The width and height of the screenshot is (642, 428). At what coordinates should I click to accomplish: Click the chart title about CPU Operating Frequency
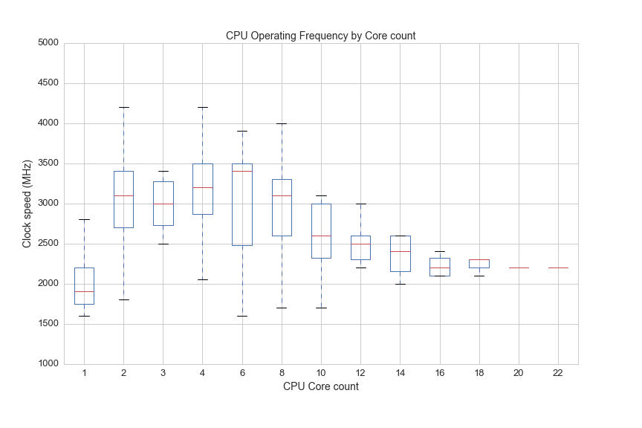pyautogui.click(x=320, y=36)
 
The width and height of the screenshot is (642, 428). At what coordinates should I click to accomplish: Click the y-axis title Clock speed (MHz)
pyautogui.click(x=27, y=204)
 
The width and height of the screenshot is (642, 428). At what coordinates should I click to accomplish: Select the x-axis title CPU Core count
pyautogui.click(x=320, y=386)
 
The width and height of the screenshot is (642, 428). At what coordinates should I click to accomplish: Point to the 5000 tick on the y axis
pyautogui.click(x=48, y=43)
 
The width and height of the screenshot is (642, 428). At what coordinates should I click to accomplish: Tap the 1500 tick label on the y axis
pyautogui.click(x=48, y=324)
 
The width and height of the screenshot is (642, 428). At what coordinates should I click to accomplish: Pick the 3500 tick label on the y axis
pyautogui.click(x=48, y=163)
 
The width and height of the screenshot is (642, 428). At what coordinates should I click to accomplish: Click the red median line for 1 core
pyautogui.click(x=84, y=291)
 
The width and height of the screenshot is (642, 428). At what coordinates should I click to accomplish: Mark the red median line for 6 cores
pyautogui.click(x=242, y=171)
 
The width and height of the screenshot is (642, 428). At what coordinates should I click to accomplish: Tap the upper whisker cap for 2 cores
pyautogui.click(x=123, y=107)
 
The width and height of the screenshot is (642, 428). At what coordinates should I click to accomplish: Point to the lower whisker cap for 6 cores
pyautogui.click(x=242, y=316)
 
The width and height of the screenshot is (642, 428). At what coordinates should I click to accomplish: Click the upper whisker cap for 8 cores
pyautogui.click(x=282, y=123)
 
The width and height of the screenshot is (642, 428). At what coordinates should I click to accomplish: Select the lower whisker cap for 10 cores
pyautogui.click(x=321, y=308)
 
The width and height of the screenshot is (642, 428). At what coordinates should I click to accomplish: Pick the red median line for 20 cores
pyautogui.click(x=519, y=267)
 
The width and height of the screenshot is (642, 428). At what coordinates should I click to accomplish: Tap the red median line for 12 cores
pyautogui.click(x=360, y=244)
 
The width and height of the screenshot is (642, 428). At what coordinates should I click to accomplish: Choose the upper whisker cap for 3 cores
pyautogui.click(x=163, y=171)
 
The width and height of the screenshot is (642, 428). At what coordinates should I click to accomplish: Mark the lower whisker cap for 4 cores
pyautogui.click(x=203, y=279)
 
